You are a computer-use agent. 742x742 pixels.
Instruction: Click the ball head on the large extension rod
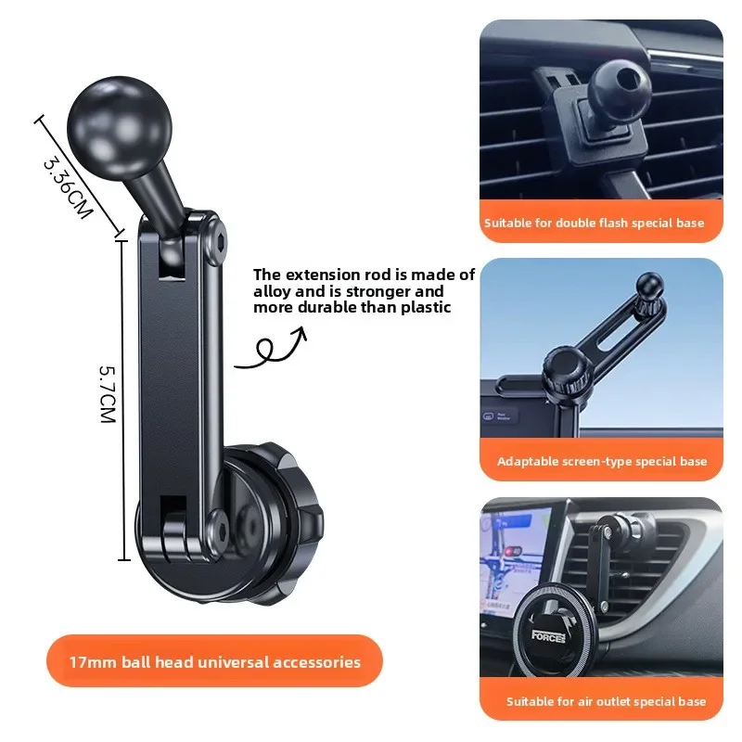[x=120, y=128]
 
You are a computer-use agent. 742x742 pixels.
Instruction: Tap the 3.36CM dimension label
[x=67, y=188]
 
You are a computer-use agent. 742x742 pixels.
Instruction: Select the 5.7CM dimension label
[x=108, y=394]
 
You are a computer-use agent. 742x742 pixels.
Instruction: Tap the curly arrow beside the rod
[x=272, y=349]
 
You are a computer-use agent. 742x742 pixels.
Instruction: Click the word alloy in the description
[x=272, y=291]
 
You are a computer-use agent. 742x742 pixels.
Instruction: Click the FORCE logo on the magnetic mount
[x=548, y=636]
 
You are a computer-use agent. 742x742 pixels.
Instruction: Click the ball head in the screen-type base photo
[x=650, y=285]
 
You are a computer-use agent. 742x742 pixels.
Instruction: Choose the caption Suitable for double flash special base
[x=594, y=223]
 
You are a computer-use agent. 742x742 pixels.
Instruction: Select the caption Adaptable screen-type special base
[x=602, y=461]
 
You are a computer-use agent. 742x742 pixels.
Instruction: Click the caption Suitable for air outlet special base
[x=607, y=701]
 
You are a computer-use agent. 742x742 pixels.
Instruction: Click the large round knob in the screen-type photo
[x=565, y=372]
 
